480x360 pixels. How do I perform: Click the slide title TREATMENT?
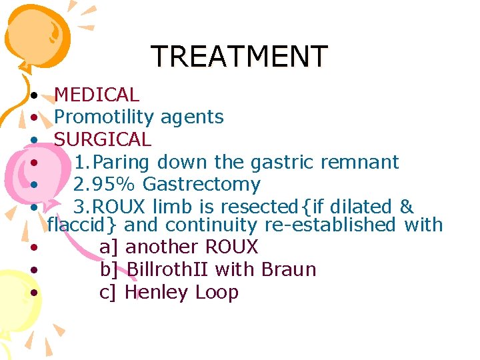pyautogui.click(x=239, y=57)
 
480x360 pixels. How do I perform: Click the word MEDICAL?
pyautogui.click(x=96, y=95)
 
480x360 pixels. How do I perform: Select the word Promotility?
pyautogui.click(x=103, y=118)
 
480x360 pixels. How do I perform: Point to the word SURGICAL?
pyautogui.click(x=102, y=140)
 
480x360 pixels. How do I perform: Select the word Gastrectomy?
pyautogui.click(x=201, y=184)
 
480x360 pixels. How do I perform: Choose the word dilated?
pyautogui.click(x=368, y=207)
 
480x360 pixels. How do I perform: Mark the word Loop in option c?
pyautogui.click(x=217, y=293)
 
